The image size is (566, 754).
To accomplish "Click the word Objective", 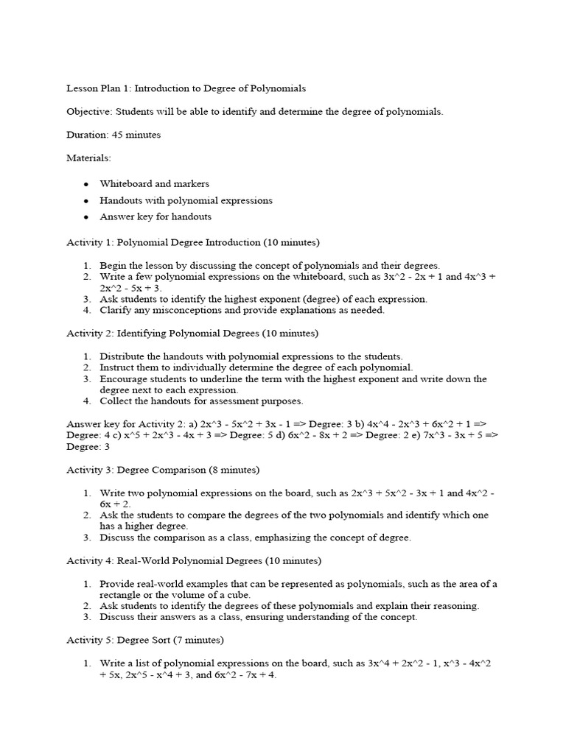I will click(87, 112).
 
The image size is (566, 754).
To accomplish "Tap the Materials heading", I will click(88, 158).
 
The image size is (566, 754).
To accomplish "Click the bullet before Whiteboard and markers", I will click(85, 183).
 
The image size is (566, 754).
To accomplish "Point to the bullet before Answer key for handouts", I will click(85, 217).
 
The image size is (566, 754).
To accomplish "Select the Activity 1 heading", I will click(193, 242).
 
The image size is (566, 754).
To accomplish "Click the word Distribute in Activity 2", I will click(123, 356).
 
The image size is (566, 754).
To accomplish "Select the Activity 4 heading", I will click(194, 561).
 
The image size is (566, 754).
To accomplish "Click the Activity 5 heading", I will click(145, 640).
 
